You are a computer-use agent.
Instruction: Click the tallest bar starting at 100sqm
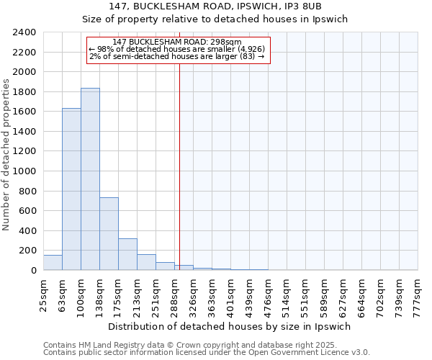pyautogui.click(x=90, y=179)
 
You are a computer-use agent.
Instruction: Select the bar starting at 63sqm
pyautogui.click(x=71, y=189)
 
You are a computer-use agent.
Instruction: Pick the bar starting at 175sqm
pyautogui.click(x=127, y=254)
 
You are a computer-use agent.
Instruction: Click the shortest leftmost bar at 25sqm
pyautogui.click(x=53, y=263)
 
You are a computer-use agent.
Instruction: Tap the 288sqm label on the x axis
pyautogui.click(x=175, y=292)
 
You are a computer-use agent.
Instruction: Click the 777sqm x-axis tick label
pyautogui.click(x=418, y=292)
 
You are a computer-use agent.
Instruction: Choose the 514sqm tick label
pyautogui.click(x=287, y=292)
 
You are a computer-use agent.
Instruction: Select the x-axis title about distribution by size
pyautogui.click(x=230, y=326)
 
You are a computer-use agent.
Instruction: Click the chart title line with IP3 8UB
pyautogui.click(x=230, y=6)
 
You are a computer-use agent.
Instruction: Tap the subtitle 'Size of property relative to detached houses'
pyautogui.click(x=230, y=19)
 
